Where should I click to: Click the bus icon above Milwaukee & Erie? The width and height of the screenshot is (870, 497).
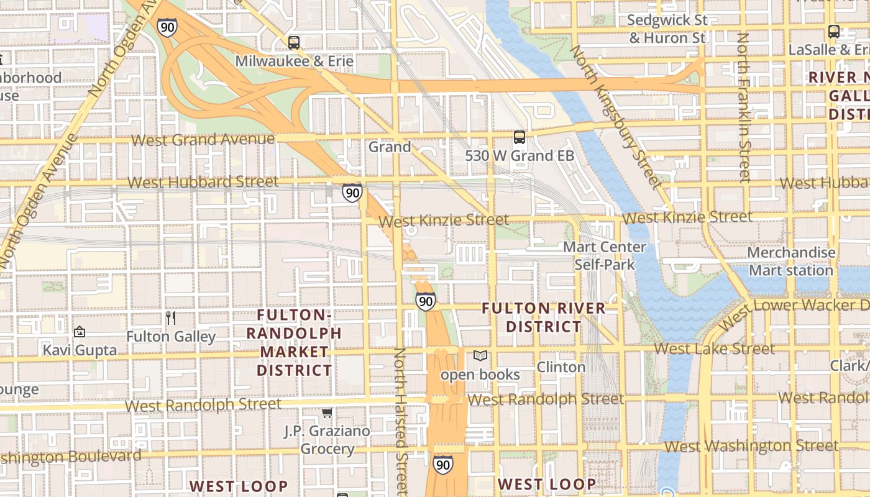[x=294, y=43]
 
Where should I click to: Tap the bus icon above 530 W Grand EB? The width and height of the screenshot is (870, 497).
[x=520, y=137]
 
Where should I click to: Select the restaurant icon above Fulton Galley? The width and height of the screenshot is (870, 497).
[x=171, y=318]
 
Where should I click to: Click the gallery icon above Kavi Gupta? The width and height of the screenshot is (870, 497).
[x=79, y=332]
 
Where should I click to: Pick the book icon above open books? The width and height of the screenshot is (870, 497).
[x=480, y=356]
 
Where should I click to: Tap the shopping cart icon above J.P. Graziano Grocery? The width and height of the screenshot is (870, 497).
[x=327, y=413]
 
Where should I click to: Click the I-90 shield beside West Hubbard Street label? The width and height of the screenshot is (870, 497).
[x=352, y=193]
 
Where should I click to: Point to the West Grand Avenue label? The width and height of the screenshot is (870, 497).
[x=203, y=139]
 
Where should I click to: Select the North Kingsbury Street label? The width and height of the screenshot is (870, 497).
[x=615, y=116]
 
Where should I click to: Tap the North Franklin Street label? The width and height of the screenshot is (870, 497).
[x=743, y=107]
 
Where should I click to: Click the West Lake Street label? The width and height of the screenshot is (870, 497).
[x=715, y=349]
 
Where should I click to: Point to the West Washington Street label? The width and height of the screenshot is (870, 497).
[x=751, y=446]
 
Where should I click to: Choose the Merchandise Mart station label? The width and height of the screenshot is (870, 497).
[x=790, y=262]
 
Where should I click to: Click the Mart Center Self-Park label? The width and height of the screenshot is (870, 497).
[x=605, y=256]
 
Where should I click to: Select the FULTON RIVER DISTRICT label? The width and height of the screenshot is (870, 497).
[x=544, y=317]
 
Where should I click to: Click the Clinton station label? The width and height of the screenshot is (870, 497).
[x=561, y=367]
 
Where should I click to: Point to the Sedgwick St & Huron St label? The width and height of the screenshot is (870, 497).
[x=667, y=29]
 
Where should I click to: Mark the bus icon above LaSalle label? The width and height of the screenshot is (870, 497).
[x=834, y=32]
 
